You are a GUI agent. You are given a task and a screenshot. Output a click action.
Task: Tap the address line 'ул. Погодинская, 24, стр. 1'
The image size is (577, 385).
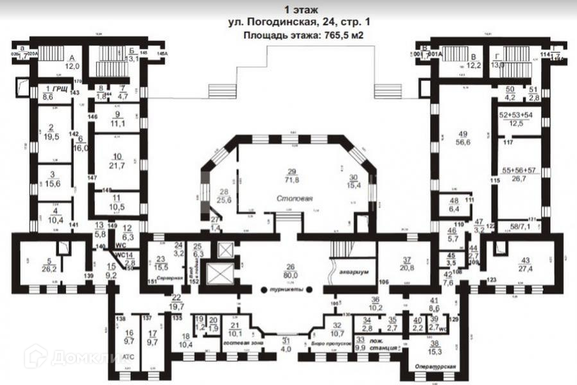click(299, 22)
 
